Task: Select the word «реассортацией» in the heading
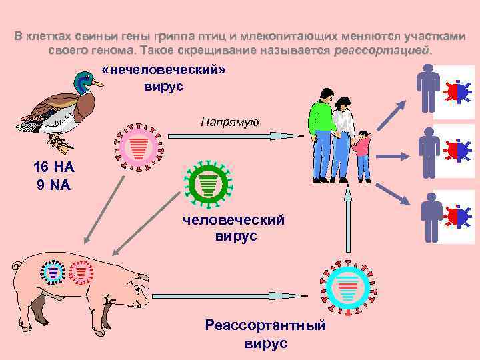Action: pos(383,51)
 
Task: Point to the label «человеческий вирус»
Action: pos(236,227)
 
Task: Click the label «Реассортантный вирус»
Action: pos(265,334)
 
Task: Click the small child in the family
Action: pos(363,154)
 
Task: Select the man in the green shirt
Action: pos(322,133)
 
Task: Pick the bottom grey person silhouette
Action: pos(432,217)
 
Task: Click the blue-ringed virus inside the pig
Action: pos(53,272)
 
